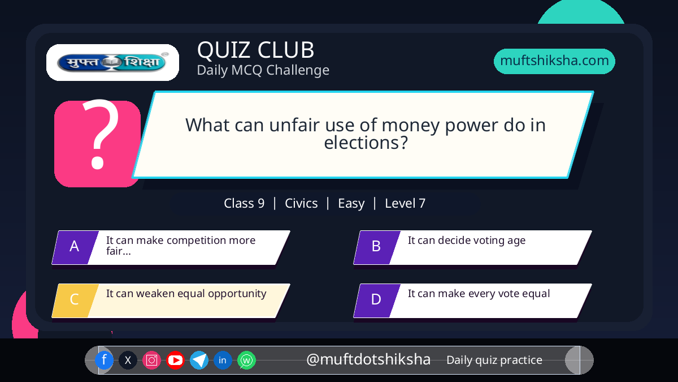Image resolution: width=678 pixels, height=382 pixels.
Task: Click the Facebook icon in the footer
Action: tap(104, 360)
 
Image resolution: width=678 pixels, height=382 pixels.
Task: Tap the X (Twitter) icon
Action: tap(128, 360)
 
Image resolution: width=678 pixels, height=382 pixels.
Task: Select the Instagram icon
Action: tap(151, 360)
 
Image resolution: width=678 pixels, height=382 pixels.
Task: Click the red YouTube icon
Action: tap(175, 360)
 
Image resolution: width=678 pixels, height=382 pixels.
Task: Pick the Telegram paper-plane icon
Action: tap(199, 360)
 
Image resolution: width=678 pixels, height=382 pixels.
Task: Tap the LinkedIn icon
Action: tap(223, 360)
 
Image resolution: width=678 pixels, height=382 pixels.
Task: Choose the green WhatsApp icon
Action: tap(246, 360)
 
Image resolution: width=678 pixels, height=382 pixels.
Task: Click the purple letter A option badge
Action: tap(75, 247)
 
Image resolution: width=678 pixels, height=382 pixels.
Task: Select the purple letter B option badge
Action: tap(377, 247)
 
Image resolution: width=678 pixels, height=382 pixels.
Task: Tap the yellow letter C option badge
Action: tap(75, 301)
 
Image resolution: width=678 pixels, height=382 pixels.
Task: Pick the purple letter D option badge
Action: tap(377, 301)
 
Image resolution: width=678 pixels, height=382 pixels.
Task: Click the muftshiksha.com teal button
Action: tap(554, 61)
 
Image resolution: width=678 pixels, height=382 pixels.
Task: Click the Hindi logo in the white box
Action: tap(112, 62)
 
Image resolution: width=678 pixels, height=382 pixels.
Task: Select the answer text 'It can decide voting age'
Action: tap(467, 240)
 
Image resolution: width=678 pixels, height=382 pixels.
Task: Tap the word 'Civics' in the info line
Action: tap(301, 203)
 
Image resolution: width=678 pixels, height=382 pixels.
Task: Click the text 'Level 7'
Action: tap(405, 203)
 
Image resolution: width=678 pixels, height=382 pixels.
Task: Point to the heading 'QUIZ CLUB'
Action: tap(256, 50)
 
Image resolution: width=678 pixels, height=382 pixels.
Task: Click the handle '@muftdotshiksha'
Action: tap(368, 359)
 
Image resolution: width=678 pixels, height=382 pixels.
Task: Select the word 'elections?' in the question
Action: tap(366, 143)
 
